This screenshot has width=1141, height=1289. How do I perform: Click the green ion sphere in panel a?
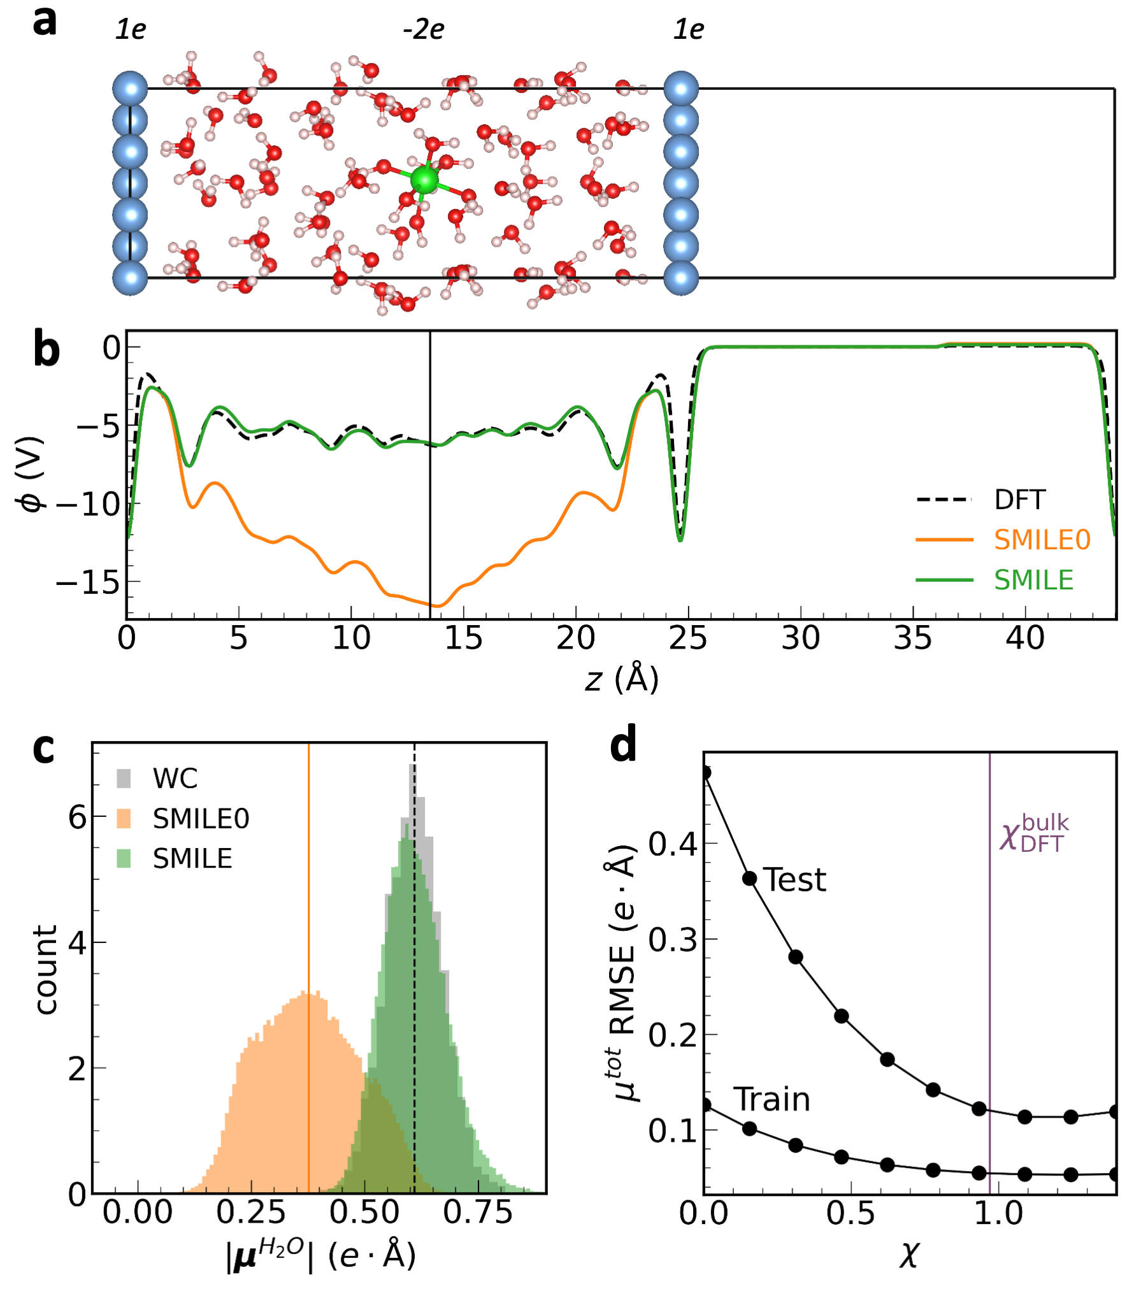click(424, 180)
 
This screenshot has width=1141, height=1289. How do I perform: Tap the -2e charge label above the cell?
click(424, 30)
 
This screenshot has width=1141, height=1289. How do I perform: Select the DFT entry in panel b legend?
click(1019, 500)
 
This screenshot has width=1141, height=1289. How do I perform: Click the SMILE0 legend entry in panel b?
click(1042, 540)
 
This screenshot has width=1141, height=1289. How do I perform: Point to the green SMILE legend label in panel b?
click(1033, 580)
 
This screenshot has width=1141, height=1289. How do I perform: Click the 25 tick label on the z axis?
click(687, 638)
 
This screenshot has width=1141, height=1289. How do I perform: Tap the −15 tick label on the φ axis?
click(88, 582)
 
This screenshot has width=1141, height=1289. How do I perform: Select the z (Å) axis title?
click(622, 679)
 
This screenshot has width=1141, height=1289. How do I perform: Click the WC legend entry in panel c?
click(175, 779)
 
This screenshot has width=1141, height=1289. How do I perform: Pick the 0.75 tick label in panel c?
click(478, 1213)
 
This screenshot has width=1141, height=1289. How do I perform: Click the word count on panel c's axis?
click(46, 970)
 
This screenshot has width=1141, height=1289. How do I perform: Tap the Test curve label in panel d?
click(794, 880)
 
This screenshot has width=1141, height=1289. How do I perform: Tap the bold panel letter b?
click(46, 350)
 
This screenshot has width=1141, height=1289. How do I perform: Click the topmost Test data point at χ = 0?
click(705, 773)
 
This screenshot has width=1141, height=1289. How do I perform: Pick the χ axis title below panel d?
click(909, 1255)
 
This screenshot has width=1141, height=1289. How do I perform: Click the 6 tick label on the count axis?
click(77, 817)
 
